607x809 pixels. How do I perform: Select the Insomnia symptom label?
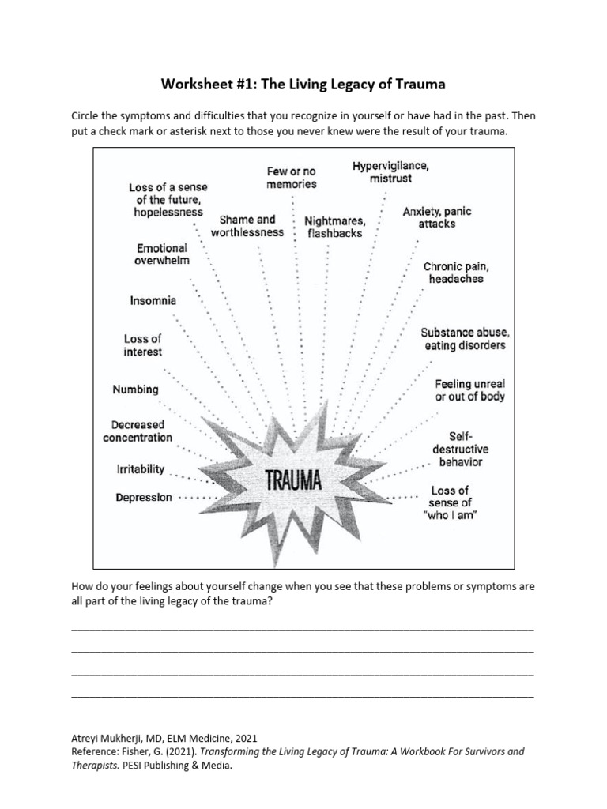(153, 301)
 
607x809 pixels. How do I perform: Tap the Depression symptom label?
(143, 498)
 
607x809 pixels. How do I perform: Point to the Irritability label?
(141, 469)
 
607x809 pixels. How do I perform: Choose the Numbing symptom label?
(135, 389)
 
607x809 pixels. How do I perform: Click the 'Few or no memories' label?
(292, 178)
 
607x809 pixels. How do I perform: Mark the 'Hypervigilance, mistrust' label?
(390, 172)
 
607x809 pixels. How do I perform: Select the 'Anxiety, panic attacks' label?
(437, 218)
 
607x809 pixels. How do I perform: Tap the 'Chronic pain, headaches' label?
(455, 273)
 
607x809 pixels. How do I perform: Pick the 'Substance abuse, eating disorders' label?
(463, 339)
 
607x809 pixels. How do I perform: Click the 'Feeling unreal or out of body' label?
(469, 390)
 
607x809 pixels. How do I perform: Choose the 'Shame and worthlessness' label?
(247, 226)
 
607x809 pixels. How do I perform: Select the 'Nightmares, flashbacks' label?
(336, 227)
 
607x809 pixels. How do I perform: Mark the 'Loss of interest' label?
(142, 345)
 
